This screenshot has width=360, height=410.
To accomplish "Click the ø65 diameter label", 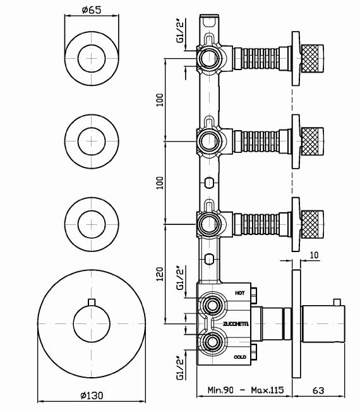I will [x=93, y=9].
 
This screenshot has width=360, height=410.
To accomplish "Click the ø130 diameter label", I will [x=92, y=395].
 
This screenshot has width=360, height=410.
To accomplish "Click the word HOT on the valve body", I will [x=239, y=294].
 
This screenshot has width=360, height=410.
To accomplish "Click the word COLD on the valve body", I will [x=239, y=357].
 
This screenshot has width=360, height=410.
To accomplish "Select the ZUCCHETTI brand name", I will [x=236, y=324].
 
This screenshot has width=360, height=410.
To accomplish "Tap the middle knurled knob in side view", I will [x=312, y=138].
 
